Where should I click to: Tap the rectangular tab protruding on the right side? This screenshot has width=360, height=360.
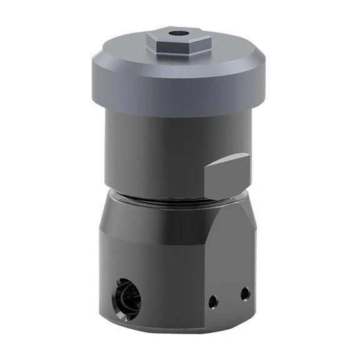pyautogui.click(x=228, y=175)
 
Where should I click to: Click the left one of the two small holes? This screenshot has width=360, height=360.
pyautogui.click(x=214, y=301)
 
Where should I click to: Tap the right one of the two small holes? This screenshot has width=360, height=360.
pyautogui.click(x=245, y=292)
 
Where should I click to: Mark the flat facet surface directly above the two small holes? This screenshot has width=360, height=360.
pyautogui.click(x=231, y=256)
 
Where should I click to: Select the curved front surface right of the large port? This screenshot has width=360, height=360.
pyautogui.click(x=169, y=281)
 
